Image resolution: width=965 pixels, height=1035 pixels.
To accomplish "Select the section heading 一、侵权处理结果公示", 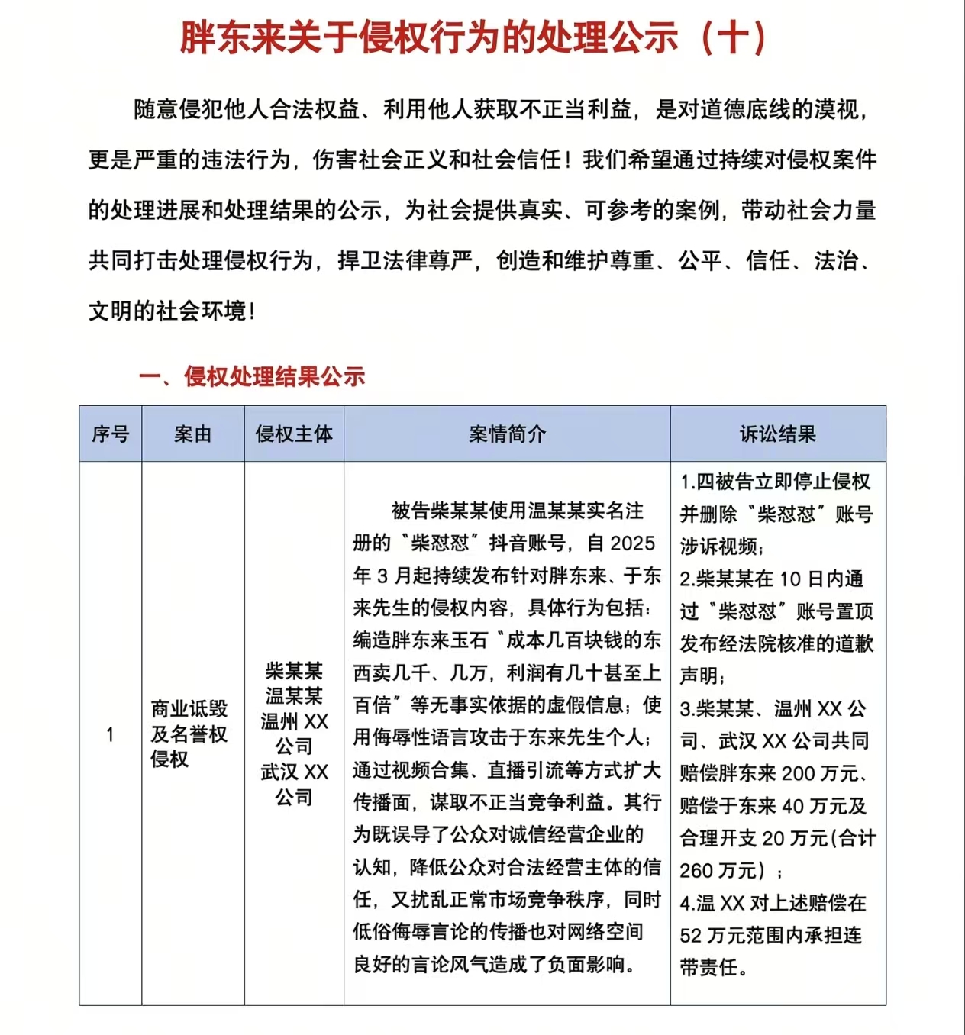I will click(252, 376).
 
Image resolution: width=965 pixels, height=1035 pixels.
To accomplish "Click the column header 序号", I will click(111, 434).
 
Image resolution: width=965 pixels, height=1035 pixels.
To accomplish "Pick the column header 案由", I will click(192, 434).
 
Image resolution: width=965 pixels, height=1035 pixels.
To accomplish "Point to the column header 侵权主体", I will click(294, 434).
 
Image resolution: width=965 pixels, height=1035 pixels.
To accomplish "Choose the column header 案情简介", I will click(507, 434).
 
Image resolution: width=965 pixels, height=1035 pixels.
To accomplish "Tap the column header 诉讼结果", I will click(778, 434).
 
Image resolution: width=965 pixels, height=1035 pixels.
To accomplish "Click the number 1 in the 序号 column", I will click(110, 734).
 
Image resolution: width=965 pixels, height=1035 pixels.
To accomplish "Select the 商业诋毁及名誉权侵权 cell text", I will click(189, 734).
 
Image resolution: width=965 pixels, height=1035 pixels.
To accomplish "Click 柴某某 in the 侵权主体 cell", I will click(294, 671).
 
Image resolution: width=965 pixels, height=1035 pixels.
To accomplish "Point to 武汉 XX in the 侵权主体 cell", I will click(294, 772).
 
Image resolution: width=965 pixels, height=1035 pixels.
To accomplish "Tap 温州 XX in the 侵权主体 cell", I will click(294, 721).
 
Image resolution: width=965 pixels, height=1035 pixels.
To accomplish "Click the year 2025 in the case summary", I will click(633, 543).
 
